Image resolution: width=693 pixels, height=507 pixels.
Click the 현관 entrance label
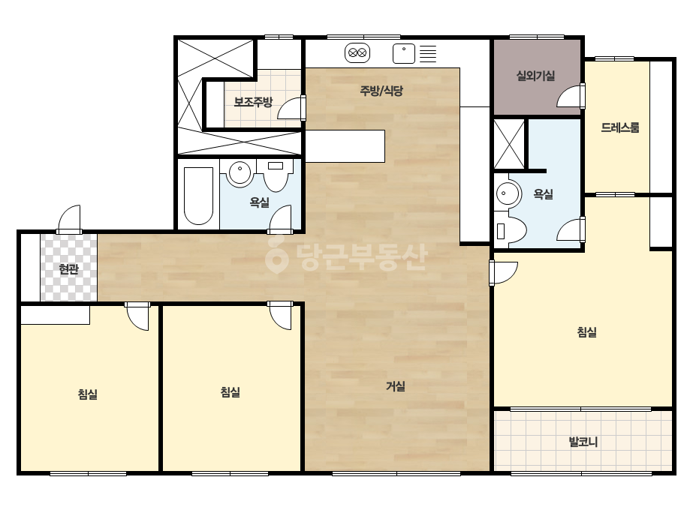68,269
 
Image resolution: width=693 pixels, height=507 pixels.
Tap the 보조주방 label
253,102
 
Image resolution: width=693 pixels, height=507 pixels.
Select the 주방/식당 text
381,91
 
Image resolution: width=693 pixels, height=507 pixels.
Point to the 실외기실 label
535,76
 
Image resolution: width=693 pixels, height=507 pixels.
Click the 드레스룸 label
619,127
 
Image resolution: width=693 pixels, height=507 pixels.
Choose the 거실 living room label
396,386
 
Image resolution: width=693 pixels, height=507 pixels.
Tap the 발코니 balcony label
583,442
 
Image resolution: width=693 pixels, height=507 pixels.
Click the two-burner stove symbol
357,53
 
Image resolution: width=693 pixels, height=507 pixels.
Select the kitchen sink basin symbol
404,53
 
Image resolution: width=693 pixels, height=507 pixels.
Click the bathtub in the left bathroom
198,196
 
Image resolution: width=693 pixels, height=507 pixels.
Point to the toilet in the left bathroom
276,175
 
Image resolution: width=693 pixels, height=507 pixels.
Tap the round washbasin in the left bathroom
240,172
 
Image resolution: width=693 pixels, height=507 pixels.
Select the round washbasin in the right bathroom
508,193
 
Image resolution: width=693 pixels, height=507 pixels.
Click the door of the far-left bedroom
137,316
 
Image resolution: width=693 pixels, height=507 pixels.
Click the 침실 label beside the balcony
587,332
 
